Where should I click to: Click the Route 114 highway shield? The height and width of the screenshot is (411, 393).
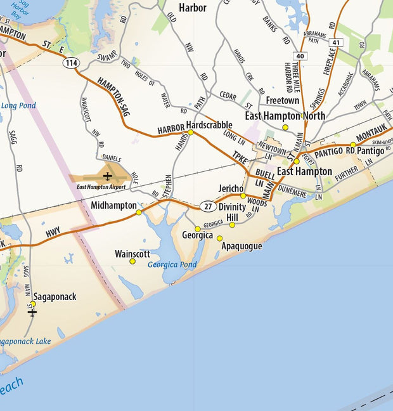[70, 63]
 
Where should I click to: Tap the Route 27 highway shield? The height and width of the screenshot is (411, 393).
[208, 206]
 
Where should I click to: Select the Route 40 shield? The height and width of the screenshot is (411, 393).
[300, 56]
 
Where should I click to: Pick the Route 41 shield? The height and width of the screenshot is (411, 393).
[336, 42]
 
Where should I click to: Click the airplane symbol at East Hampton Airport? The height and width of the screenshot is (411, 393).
[108, 176]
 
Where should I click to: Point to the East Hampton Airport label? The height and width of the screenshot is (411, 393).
[101, 187]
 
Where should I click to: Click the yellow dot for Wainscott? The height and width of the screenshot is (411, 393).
[132, 261]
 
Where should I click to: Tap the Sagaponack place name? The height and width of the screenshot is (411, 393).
[55, 297]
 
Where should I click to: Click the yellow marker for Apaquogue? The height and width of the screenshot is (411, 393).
[220, 238]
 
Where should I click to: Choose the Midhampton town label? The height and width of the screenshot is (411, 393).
[113, 205]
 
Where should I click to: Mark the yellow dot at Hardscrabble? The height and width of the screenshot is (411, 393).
[190, 133]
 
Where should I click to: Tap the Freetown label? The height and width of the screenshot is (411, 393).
[282, 100]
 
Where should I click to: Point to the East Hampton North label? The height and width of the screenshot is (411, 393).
[285, 116]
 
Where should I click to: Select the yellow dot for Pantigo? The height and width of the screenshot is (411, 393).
[353, 145]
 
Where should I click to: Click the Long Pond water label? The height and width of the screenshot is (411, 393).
[18, 105]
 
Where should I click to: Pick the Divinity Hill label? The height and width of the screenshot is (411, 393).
[232, 212]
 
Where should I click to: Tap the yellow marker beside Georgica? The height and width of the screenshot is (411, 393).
[198, 229]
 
